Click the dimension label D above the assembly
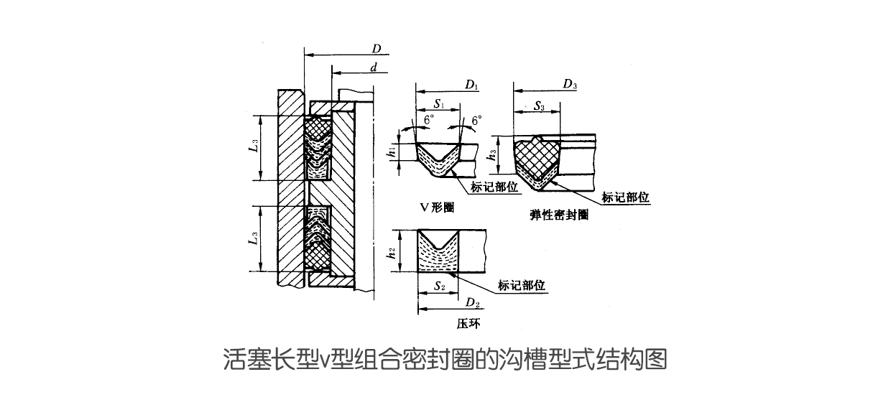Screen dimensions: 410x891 [x=376, y=49]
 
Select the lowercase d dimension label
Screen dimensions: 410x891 [x=374, y=67]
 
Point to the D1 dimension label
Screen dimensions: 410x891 [x=471, y=85]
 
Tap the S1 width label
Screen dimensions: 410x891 [x=438, y=105]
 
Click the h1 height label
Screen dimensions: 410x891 [x=391, y=152]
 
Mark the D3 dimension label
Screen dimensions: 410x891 [x=571, y=85]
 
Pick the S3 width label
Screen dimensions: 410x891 [x=540, y=106]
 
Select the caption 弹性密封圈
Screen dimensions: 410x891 [x=558, y=215]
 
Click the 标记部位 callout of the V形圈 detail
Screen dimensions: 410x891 [x=494, y=187]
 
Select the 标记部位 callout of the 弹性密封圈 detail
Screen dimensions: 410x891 [x=626, y=197]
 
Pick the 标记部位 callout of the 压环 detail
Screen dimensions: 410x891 [x=522, y=286]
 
